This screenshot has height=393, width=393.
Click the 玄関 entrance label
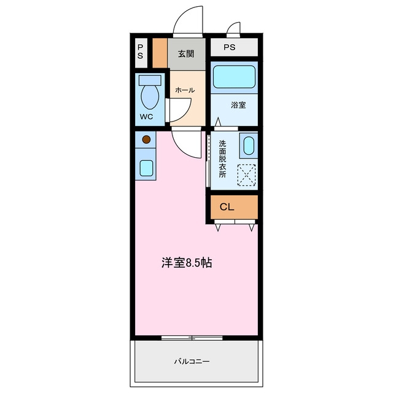[186, 53]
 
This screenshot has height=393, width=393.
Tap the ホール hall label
[185, 90]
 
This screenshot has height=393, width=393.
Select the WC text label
[146, 117]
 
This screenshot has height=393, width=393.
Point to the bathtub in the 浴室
[235, 77]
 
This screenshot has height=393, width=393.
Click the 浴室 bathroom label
[238, 105]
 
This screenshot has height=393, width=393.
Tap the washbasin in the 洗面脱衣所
[249, 146]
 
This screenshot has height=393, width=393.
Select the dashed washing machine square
[246, 175]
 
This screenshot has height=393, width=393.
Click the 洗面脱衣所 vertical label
[222, 159]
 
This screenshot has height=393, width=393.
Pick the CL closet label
[227, 207]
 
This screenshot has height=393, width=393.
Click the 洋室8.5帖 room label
[187, 263]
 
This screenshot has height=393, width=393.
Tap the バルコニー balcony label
[192, 362]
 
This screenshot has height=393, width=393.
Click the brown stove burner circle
[146, 139]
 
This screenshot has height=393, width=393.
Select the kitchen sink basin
[146, 168]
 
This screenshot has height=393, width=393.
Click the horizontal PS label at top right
[229, 47]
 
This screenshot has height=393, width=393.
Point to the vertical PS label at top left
[141, 52]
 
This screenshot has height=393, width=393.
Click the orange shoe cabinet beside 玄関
[160, 53]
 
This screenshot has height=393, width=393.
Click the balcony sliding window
[192, 338]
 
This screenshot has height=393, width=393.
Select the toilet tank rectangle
[150, 80]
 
